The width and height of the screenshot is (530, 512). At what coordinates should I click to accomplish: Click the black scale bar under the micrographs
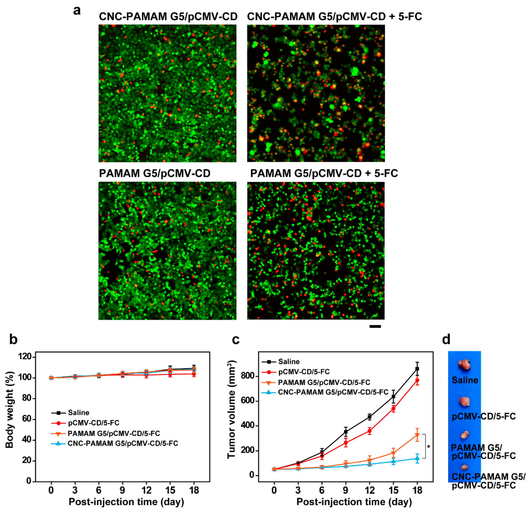coord(375,326)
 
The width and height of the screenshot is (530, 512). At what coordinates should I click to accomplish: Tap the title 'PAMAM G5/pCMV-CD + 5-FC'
coord(324,173)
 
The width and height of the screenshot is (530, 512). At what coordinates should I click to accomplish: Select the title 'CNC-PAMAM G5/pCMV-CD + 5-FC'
coord(334,17)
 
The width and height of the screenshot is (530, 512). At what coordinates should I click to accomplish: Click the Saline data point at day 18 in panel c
coord(417,369)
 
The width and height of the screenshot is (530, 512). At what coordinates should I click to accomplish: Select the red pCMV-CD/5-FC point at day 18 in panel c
coord(417,380)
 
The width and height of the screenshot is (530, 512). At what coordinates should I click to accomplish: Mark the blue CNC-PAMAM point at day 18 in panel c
coord(417,458)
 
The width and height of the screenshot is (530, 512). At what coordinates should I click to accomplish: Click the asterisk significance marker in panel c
coord(428,447)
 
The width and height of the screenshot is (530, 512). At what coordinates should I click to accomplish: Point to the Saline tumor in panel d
coord(464,365)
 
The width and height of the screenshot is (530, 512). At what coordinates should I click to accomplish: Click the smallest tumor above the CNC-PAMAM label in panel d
coord(464,467)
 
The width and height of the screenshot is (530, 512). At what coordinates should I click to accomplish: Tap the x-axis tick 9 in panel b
coord(122,490)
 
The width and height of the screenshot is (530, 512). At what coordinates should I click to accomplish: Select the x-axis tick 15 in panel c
coord(393,490)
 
